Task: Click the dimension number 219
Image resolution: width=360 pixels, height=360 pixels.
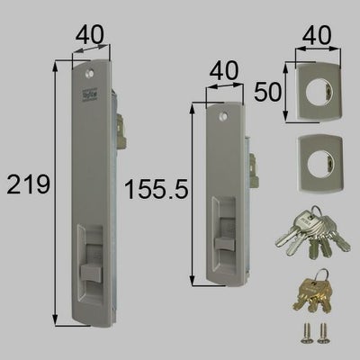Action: (26, 186)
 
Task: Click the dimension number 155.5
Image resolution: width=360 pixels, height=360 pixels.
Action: (162, 192)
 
